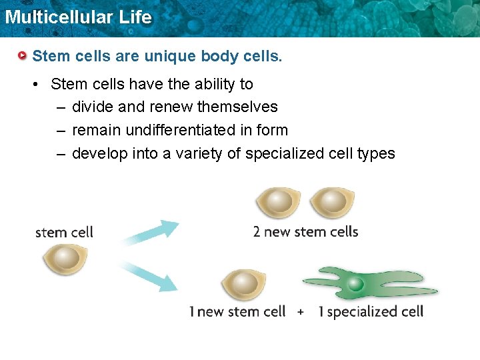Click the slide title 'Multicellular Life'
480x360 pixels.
pos(78,17)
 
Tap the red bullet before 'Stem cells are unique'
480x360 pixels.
pos(23,55)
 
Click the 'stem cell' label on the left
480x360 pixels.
pos(64,233)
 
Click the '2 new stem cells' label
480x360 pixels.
pos(305,232)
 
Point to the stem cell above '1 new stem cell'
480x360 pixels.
pos(243,286)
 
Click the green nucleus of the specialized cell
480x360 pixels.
pos(356,285)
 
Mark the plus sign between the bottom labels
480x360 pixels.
pos(301,312)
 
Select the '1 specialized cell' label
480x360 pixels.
pos(370,312)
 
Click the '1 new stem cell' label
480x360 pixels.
pos(237,312)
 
